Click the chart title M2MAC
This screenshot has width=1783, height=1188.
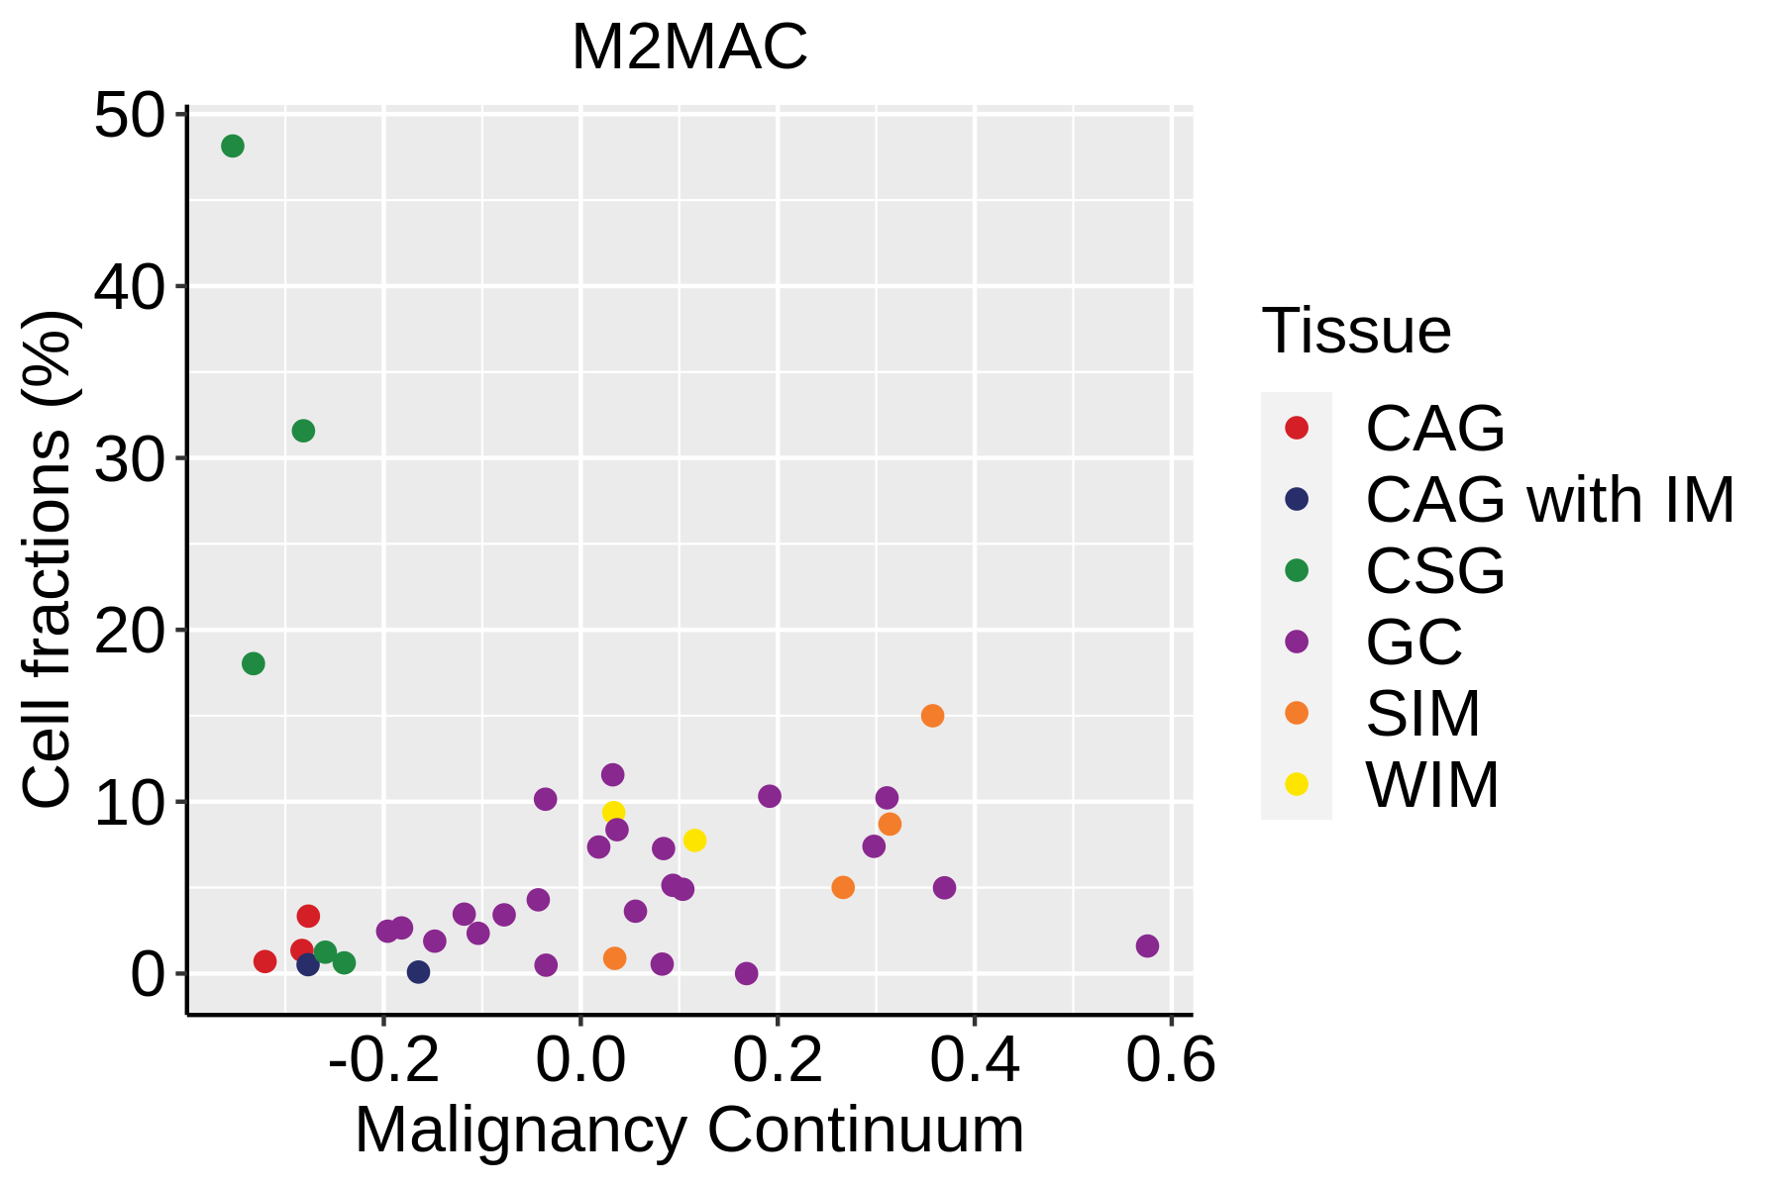(x=689, y=48)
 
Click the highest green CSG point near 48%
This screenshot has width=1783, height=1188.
(x=233, y=147)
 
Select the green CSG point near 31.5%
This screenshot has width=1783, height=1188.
(x=303, y=431)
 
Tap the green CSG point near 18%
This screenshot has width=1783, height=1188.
(x=254, y=663)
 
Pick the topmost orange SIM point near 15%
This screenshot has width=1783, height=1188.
(x=932, y=716)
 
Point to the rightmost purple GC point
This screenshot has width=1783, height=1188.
(x=1147, y=945)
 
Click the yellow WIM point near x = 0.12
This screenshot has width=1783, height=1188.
(x=694, y=841)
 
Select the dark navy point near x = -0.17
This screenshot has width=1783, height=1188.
(x=419, y=972)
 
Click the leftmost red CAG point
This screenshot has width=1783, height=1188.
(x=264, y=961)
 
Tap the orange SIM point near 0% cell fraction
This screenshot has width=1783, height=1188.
(x=615, y=958)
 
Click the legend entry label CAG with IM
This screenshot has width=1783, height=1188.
(x=1549, y=500)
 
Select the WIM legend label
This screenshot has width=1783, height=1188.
(x=1432, y=785)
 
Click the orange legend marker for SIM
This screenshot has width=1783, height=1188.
(x=1296, y=713)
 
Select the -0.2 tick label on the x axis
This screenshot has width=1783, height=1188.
(x=383, y=1061)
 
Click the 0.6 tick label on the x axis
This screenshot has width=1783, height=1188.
(x=1171, y=1061)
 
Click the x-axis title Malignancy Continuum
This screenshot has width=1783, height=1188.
(x=689, y=1131)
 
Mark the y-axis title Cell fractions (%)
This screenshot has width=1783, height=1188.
(x=48, y=559)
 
